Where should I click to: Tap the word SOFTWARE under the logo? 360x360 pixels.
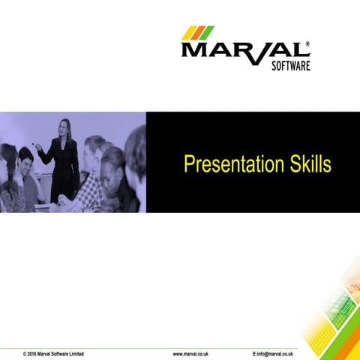(x=289, y=66)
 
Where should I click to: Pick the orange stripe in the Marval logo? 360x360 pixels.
(x=199, y=32)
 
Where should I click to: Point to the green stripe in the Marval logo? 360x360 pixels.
(x=208, y=32)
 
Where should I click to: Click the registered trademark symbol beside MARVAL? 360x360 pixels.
(x=307, y=44)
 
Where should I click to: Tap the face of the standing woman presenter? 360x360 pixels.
(x=65, y=126)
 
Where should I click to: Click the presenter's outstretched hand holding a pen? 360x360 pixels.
(x=38, y=147)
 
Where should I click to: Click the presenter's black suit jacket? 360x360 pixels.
(x=65, y=165)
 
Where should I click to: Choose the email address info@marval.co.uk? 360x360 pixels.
(x=273, y=352)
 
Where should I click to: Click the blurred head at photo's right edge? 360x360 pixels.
(x=136, y=146)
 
